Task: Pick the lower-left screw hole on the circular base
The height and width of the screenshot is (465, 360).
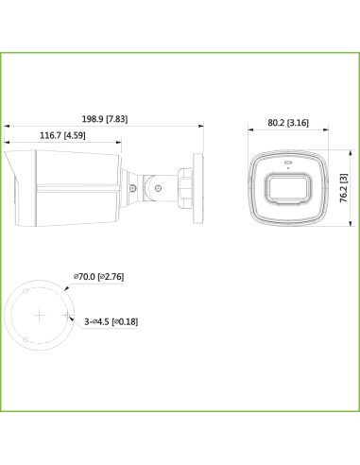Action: [x=23, y=335]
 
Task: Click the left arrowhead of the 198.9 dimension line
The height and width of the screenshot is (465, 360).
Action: [x=8, y=126]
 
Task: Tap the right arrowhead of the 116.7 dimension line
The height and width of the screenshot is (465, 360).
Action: [x=121, y=145]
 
